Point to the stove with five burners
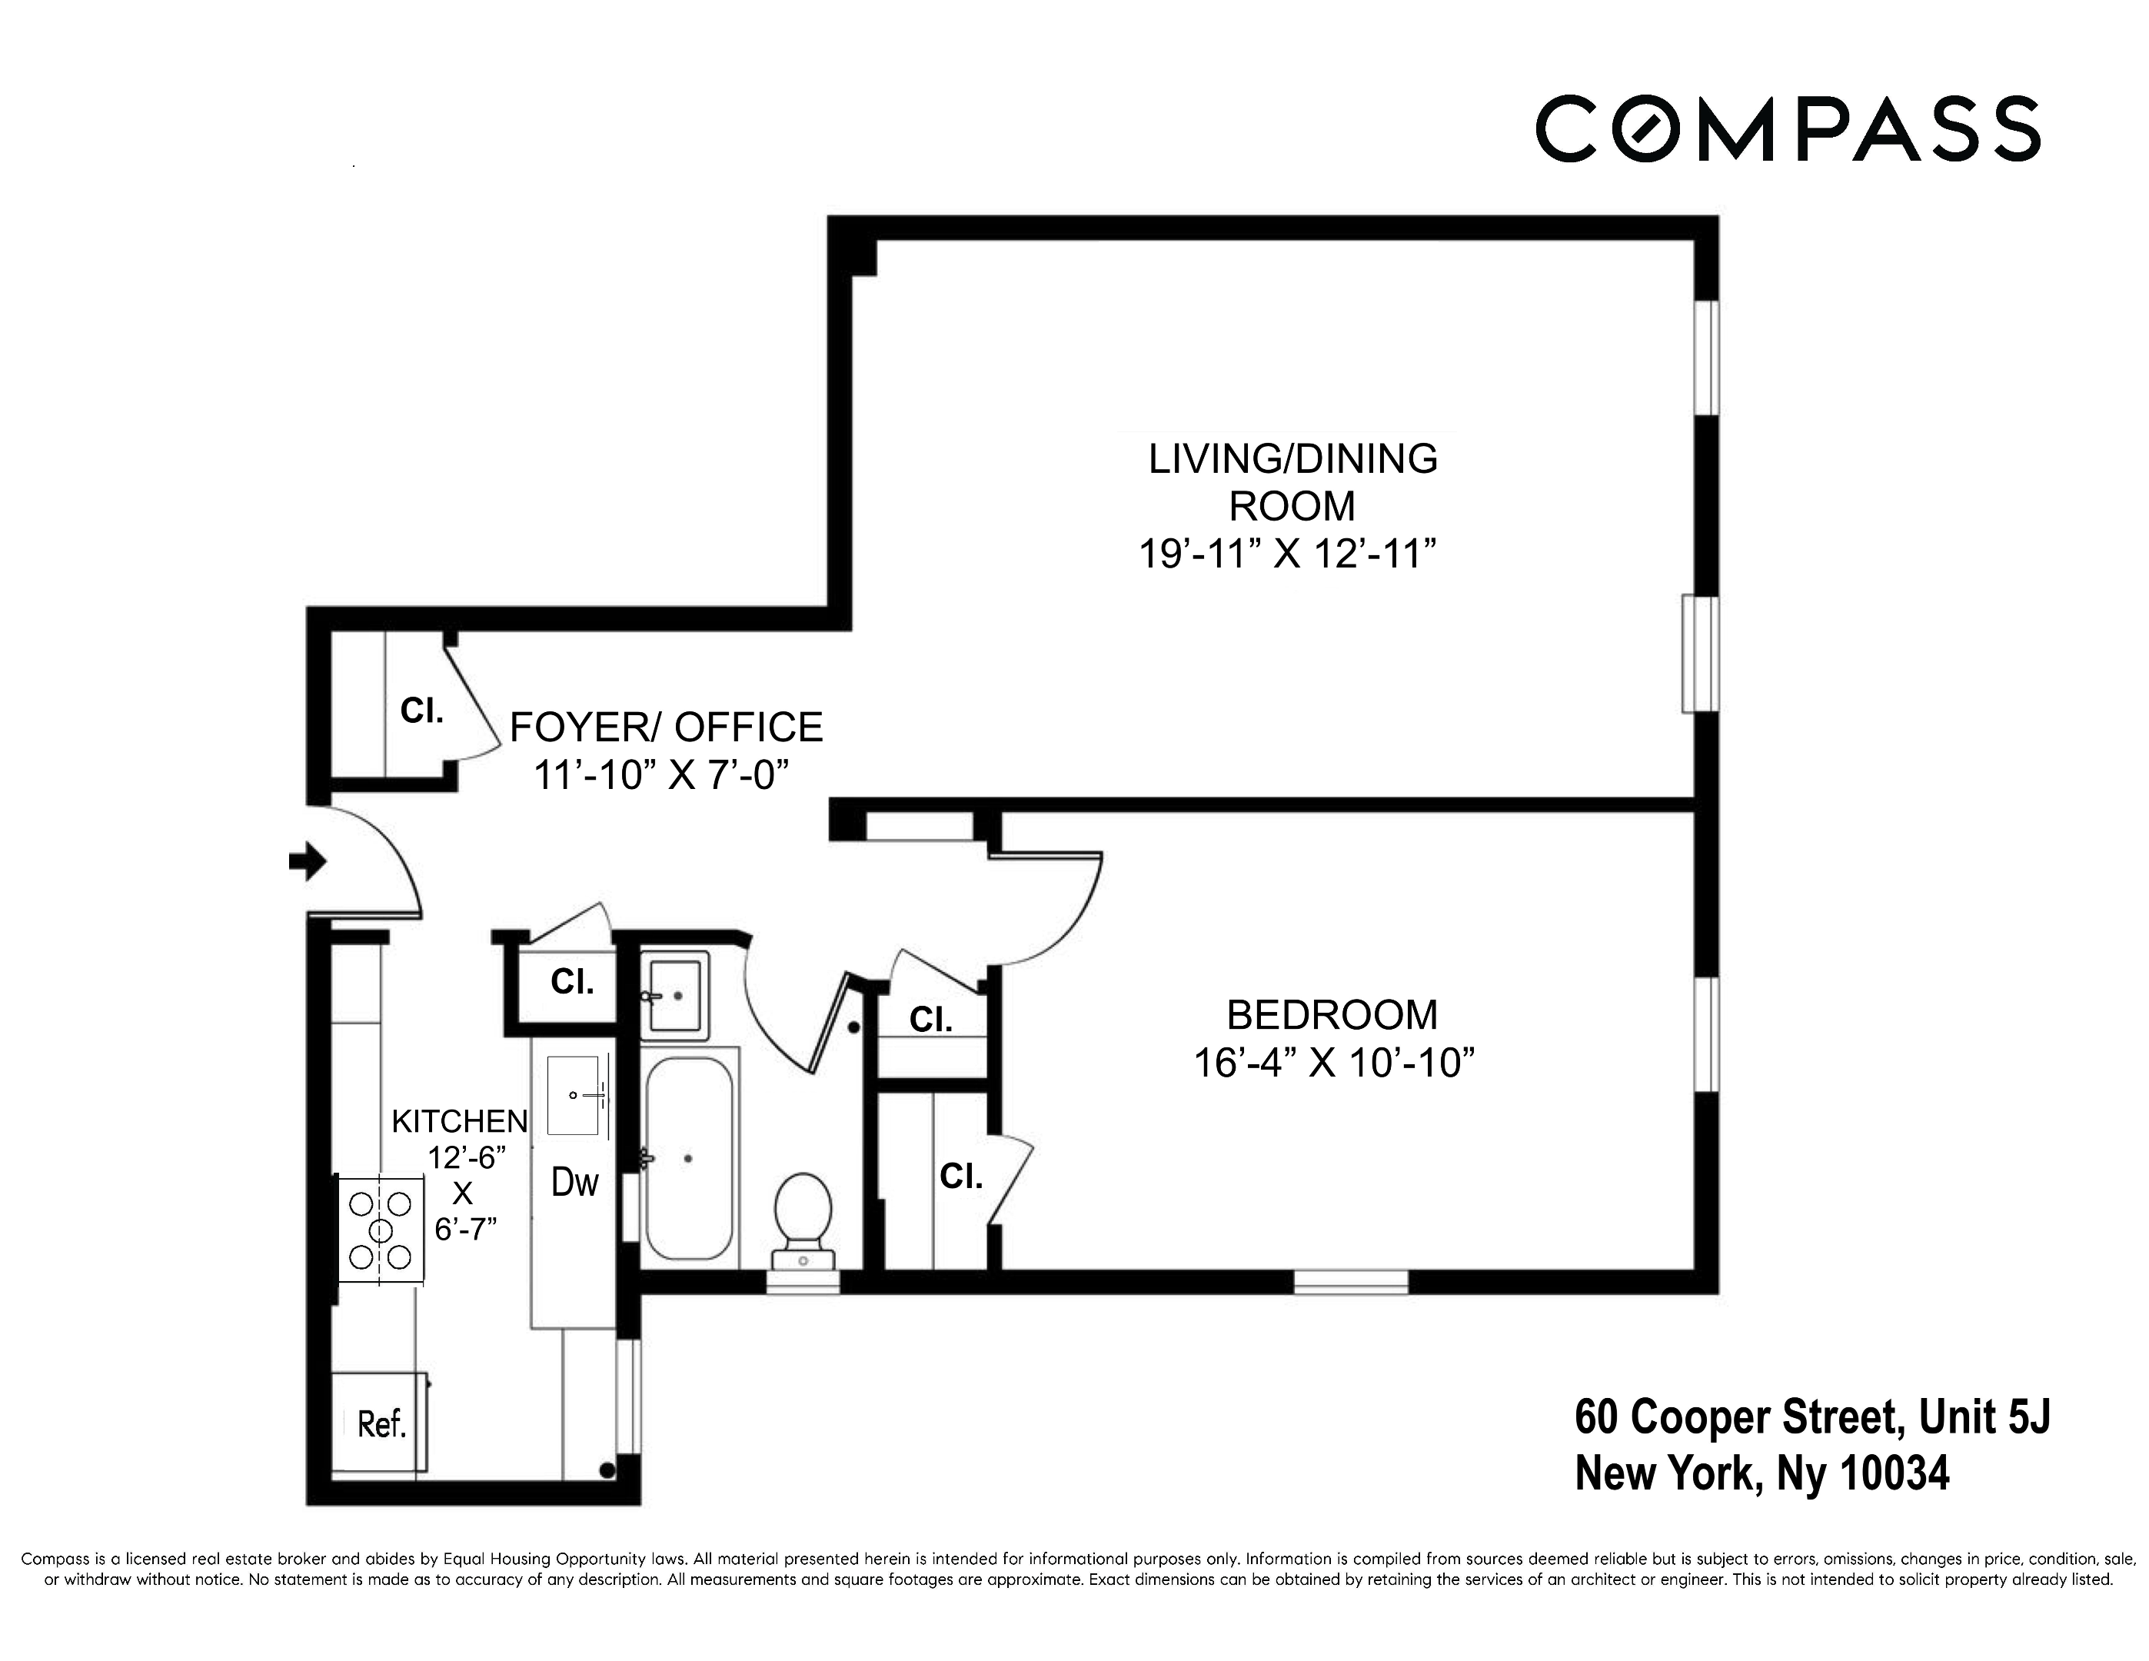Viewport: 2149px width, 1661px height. point(381,1230)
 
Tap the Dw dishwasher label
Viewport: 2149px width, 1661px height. point(574,1182)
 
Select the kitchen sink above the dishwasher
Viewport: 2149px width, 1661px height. point(573,1095)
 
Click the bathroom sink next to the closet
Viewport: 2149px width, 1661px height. point(674,995)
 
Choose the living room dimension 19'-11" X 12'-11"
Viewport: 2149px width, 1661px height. point(1287,554)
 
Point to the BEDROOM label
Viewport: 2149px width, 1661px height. point(1332,1014)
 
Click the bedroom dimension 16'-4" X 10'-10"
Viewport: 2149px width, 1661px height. point(1333,1064)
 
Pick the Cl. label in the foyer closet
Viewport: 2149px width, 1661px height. point(421,711)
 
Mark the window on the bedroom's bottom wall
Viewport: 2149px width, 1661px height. point(1350,1281)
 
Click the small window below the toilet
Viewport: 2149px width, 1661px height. point(803,1281)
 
